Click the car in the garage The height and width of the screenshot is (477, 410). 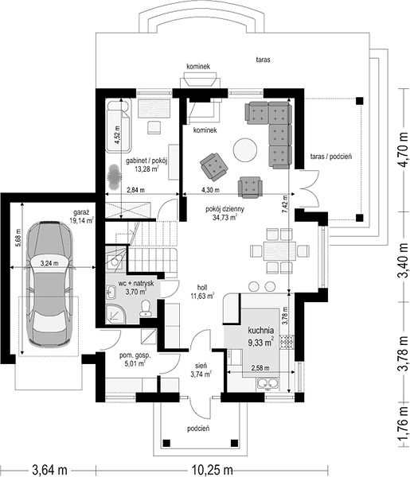pyautogui.click(x=49, y=285)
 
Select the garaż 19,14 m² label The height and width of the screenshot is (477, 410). pyautogui.click(x=81, y=216)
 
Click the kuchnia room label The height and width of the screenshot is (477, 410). pyautogui.click(x=261, y=330)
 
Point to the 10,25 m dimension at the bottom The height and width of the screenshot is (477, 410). pyautogui.click(x=212, y=470)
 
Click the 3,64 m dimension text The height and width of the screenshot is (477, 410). pyautogui.click(x=50, y=470)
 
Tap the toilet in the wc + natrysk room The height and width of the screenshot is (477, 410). pyautogui.click(x=146, y=308)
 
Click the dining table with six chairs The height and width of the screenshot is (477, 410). pyautogui.click(x=279, y=251)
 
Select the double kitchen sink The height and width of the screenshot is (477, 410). pyautogui.click(x=268, y=383)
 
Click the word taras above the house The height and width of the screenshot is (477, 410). pyautogui.click(x=263, y=60)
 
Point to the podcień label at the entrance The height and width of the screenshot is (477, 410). pyautogui.click(x=198, y=429)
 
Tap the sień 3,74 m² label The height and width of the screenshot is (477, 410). pyautogui.click(x=201, y=370)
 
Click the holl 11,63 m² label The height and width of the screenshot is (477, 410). pyautogui.click(x=202, y=292)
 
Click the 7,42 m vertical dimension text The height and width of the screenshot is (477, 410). pyautogui.click(x=285, y=204)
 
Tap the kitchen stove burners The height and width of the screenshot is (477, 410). pyautogui.click(x=287, y=342)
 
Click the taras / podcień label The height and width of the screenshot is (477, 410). pyautogui.click(x=331, y=157)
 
